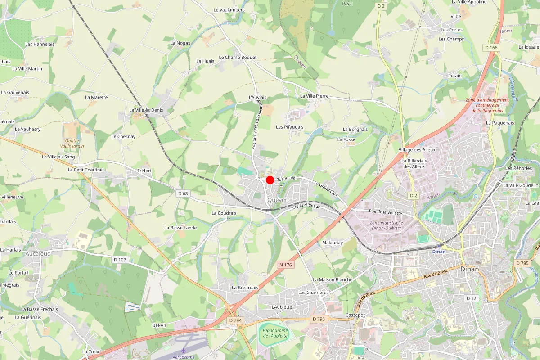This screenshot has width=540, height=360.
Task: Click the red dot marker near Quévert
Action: pyautogui.click(x=270, y=180)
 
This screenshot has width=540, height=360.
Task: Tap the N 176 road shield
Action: pyautogui.click(x=285, y=265)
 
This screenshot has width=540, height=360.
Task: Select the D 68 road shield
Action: pyautogui.click(x=183, y=193)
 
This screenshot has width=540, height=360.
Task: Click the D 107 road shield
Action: pyautogui.click(x=120, y=260)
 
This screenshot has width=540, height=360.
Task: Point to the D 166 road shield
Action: pyautogui.click(x=491, y=47)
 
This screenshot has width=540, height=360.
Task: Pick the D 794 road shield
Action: pyautogui.click(x=235, y=320)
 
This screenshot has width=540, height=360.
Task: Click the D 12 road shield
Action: pyautogui.click(x=471, y=298)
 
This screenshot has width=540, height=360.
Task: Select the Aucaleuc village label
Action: pyautogui.click(x=38, y=254)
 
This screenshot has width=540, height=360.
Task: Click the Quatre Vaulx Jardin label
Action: pyautogui.click(x=72, y=143)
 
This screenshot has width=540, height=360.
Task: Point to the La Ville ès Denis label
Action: pyautogui.click(x=146, y=110)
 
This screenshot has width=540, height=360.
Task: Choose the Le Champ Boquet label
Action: pyautogui.click(x=238, y=58)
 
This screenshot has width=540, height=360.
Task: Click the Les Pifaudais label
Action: pyautogui.click(x=290, y=127)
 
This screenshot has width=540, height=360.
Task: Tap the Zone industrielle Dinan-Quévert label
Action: pyautogui.click(x=386, y=225)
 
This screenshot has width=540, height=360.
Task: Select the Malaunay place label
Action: pyautogui.click(x=333, y=243)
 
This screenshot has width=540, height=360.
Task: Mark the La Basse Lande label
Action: pyautogui.click(x=180, y=228)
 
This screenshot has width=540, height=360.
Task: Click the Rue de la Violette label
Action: pyautogui.click(x=385, y=211)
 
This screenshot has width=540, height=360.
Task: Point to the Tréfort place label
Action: pyautogui.click(x=144, y=171)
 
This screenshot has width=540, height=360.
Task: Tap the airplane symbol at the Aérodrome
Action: pyautogui.click(x=184, y=350)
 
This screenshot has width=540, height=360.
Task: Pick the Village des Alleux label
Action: pyautogui.click(x=417, y=149)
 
